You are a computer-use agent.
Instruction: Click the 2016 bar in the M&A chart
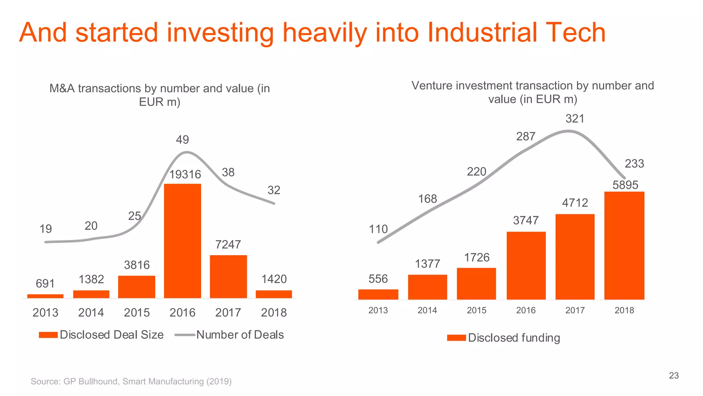(x=182, y=241)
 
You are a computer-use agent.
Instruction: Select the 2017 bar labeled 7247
(x=228, y=276)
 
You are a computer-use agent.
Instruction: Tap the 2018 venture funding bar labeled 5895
(x=624, y=245)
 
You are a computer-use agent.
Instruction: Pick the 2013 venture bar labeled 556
(x=378, y=294)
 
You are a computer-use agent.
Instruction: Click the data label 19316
(x=185, y=175)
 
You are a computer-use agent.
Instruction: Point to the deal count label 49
(x=182, y=140)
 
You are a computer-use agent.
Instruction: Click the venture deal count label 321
(x=575, y=119)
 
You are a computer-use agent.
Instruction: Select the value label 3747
(x=526, y=220)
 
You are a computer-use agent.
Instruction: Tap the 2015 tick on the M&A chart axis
(x=137, y=312)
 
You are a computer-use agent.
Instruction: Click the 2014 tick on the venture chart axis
(x=427, y=310)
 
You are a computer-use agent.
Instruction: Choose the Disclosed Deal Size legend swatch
(x=48, y=335)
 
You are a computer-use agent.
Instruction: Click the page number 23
(x=673, y=375)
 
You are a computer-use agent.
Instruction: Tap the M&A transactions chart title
(x=160, y=95)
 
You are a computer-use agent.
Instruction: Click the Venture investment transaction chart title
(x=532, y=92)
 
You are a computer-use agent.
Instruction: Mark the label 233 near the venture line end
(x=634, y=164)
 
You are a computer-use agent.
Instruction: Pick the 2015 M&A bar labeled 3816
(x=137, y=287)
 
